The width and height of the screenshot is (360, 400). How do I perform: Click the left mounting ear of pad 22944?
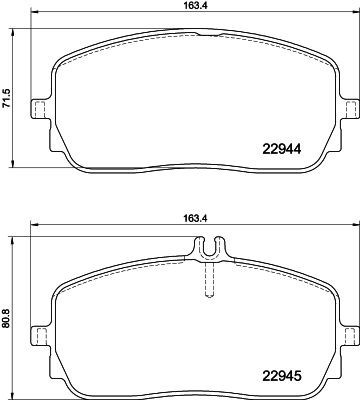tap(41, 109)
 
